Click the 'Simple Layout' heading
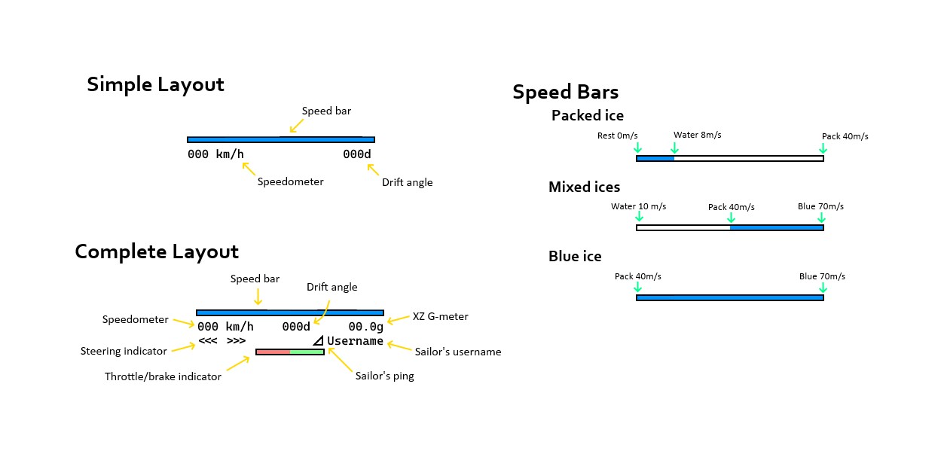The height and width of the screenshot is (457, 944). tap(155, 84)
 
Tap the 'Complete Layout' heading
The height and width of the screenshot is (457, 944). tap(156, 251)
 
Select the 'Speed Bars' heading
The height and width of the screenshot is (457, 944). tap(565, 92)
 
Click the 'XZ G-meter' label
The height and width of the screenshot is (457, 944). tap(440, 316)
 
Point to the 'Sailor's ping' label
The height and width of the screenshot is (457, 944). tap(384, 376)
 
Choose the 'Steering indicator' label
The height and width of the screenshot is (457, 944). tap(124, 351)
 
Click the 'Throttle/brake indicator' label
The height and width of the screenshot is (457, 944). tap(163, 376)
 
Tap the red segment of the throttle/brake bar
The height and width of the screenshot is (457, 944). tap(273, 352)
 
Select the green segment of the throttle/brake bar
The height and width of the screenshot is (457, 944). tap(307, 352)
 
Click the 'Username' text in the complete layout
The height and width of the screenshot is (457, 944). tap(355, 341)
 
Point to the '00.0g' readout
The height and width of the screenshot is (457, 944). tap(365, 327)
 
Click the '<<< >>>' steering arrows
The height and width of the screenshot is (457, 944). tap(221, 341)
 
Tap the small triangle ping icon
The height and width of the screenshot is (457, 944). tap(319, 341)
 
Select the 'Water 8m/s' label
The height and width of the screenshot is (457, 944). tap(697, 135)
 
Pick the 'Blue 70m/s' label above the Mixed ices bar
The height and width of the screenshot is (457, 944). tap(820, 206)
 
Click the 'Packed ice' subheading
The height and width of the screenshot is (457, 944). tap(587, 115)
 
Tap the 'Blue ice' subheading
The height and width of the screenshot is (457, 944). tap(575, 257)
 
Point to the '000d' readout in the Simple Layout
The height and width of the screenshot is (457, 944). tap(356, 154)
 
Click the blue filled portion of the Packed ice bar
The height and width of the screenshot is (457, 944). tap(655, 158)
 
